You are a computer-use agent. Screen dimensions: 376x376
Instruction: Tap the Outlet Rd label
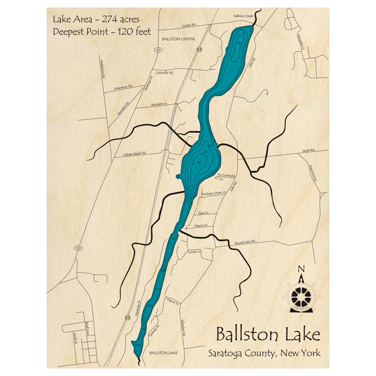tap(189, 25)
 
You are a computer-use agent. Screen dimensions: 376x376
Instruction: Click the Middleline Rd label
tap(102, 68)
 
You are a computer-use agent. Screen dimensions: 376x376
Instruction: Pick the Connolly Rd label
tap(164, 73)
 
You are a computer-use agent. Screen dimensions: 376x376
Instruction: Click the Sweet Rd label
tap(308, 150)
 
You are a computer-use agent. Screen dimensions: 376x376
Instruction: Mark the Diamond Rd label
tap(313, 173)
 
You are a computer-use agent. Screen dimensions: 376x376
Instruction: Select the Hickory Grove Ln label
tap(214, 193)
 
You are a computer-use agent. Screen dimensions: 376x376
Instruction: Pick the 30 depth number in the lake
tap(199, 162)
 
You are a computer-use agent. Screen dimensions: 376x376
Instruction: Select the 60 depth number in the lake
tap(149, 306)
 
